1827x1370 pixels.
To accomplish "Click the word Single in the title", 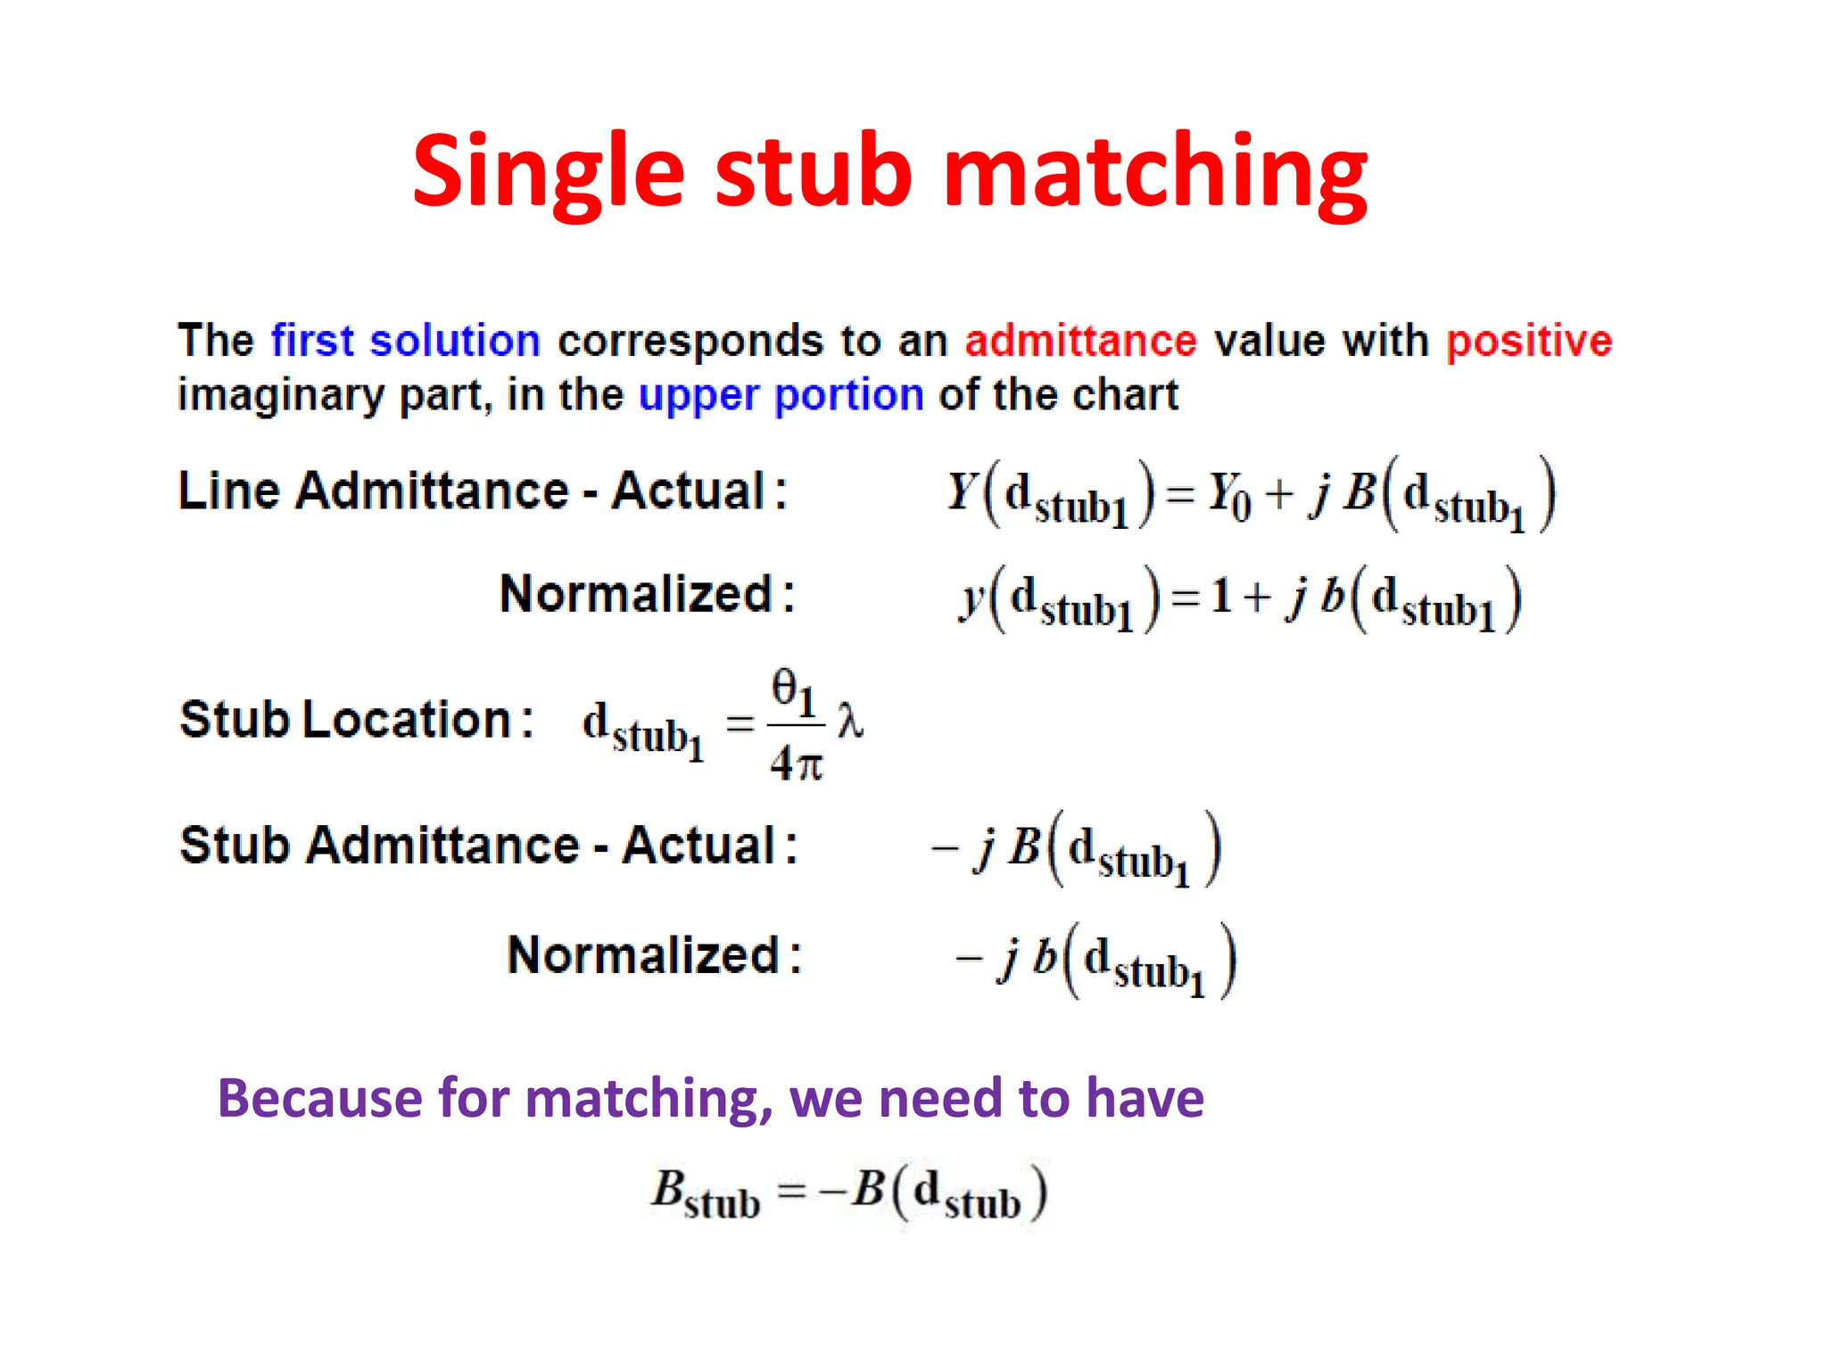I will [547, 171].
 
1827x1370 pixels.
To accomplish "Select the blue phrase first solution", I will [406, 341].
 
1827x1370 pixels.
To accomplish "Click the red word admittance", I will [1080, 341].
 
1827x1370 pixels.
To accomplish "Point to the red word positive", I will [1529, 341].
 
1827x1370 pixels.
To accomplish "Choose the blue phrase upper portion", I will [781, 395].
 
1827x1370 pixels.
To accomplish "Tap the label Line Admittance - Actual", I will [482, 491].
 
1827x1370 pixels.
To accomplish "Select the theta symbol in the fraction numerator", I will [785, 688].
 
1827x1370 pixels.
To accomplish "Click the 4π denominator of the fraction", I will [796, 763].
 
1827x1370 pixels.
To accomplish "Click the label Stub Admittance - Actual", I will [488, 845].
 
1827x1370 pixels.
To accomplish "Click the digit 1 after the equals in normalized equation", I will [1221, 596].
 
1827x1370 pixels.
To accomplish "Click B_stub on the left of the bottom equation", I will [704, 1193].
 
